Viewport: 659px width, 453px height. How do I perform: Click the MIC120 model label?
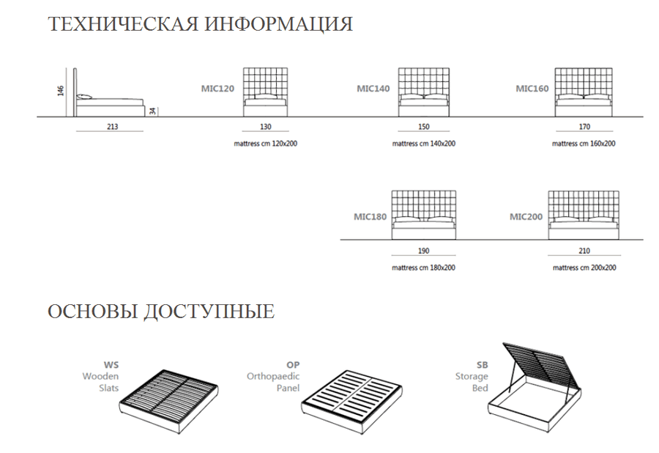[x=217, y=89]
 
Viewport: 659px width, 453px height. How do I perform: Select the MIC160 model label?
[x=532, y=89]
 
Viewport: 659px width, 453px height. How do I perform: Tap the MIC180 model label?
[x=370, y=217]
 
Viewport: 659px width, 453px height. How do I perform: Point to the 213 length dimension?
[x=112, y=127]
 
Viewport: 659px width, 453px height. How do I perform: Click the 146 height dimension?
[x=61, y=90]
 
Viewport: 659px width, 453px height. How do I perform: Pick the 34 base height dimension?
[x=152, y=111]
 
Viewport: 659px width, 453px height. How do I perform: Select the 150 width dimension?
[x=424, y=127]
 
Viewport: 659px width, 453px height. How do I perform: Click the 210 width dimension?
[x=584, y=251]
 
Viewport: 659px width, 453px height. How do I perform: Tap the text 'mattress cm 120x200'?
[x=266, y=144]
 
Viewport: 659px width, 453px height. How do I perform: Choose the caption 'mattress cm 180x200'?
[x=424, y=268]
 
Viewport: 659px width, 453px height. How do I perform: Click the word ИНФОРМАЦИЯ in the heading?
[x=279, y=24]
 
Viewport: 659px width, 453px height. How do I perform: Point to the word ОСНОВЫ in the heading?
[x=92, y=312]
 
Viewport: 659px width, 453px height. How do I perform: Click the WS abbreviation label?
[x=111, y=365]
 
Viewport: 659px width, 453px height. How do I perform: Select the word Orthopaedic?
[x=273, y=377]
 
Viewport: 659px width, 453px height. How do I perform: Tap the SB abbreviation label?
[x=482, y=365]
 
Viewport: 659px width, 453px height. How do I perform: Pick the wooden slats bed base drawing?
[x=169, y=401]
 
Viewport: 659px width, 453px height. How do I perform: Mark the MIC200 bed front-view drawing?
[x=584, y=215]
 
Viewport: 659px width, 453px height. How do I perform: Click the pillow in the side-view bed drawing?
[x=84, y=97]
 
